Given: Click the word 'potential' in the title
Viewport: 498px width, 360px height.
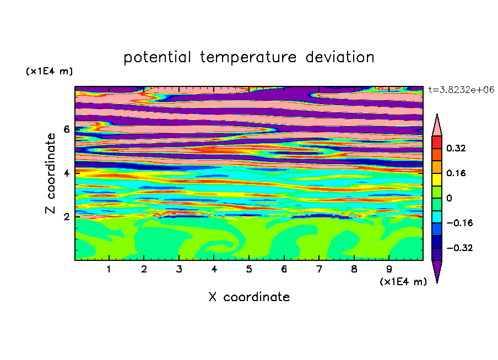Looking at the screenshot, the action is point(157,58).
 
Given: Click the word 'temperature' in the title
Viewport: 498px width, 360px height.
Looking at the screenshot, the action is point(248,58).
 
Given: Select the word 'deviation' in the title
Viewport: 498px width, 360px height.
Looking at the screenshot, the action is point(340,57).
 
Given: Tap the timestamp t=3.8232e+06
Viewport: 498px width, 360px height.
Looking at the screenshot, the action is point(461,90).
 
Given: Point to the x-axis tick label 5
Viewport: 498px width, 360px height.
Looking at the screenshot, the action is point(249,269).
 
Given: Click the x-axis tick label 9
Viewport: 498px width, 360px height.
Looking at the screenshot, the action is point(389,269).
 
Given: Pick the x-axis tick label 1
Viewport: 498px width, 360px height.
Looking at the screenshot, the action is point(109,269).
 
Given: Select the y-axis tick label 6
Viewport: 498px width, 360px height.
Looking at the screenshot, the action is point(66,129).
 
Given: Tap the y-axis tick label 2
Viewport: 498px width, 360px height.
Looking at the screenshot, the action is point(66,217).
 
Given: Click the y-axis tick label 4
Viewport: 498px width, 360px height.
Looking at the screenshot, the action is point(66,173).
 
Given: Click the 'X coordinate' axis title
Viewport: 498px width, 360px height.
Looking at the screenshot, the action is point(249,297).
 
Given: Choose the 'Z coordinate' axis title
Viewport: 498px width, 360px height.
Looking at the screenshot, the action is point(51,173).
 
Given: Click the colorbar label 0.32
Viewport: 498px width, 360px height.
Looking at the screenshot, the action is point(456,148).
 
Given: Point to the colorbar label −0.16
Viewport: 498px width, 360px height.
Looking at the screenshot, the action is point(459,223).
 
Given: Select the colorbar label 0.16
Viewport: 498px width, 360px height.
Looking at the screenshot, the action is point(456,173).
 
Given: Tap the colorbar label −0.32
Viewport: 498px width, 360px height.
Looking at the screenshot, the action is point(459,248).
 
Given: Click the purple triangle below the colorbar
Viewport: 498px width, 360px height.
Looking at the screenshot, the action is point(437,270).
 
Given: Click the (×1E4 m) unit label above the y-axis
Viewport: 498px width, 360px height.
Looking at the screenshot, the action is point(49,71).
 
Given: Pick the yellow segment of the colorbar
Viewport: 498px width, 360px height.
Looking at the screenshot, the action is point(437,179).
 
